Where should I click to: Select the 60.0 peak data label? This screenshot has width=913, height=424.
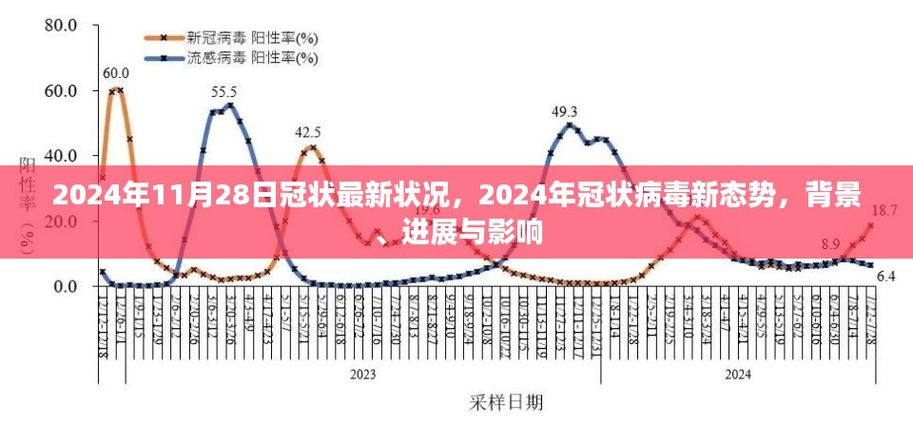pyautogui.click(x=115, y=73)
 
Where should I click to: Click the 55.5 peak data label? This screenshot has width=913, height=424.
pyautogui.click(x=223, y=92)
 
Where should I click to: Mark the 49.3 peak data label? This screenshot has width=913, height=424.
pyautogui.click(x=565, y=111)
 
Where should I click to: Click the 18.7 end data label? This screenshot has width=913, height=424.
pyautogui.click(x=884, y=210)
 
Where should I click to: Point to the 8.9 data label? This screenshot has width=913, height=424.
pyautogui.click(x=830, y=244)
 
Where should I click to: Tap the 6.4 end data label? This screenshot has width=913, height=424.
pyautogui.click(x=885, y=277)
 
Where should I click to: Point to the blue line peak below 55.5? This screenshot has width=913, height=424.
pyautogui.click(x=228, y=105)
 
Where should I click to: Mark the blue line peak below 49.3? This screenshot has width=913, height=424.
pyautogui.click(x=570, y=125)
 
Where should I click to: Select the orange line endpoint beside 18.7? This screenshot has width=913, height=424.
pyautogui.click(x=870, y=225)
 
